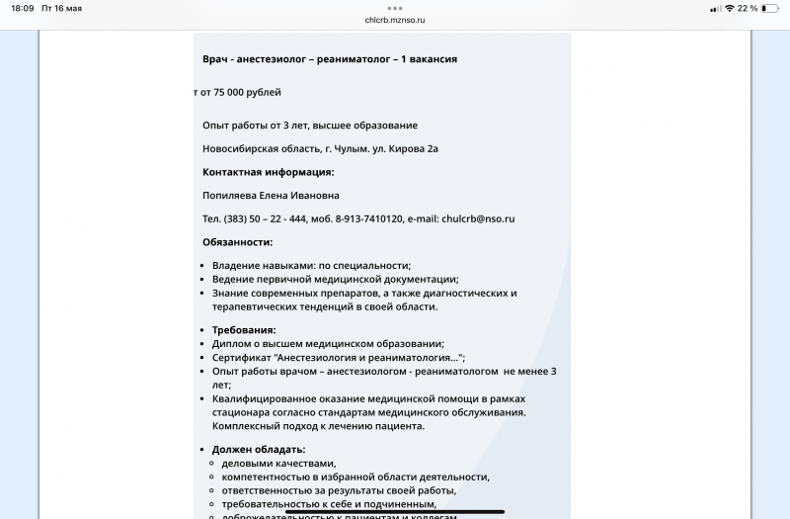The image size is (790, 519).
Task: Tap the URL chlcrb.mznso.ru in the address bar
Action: click(x=395, y=19)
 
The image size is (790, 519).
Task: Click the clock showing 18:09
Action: click(x=22, y=8)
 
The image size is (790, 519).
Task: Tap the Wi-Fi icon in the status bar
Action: click(x=729, y=8)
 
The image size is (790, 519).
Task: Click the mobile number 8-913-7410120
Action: click(x=369, y=218)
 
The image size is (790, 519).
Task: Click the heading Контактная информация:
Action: click(x=268, y=172)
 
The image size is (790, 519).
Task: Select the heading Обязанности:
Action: click(x=237, y=242)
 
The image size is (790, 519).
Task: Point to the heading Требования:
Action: click(x=244, y=330)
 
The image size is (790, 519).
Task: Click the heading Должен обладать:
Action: click(x=259, y=450)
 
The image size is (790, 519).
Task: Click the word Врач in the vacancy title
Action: click(x=216, y=59)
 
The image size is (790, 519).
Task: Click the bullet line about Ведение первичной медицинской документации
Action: click(x=335, y=279)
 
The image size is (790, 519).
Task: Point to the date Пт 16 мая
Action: click(x=62, y=8)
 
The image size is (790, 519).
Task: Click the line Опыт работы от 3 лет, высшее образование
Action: click(x=309, y=126)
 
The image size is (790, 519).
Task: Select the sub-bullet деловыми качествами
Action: click(x=278, y=463)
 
